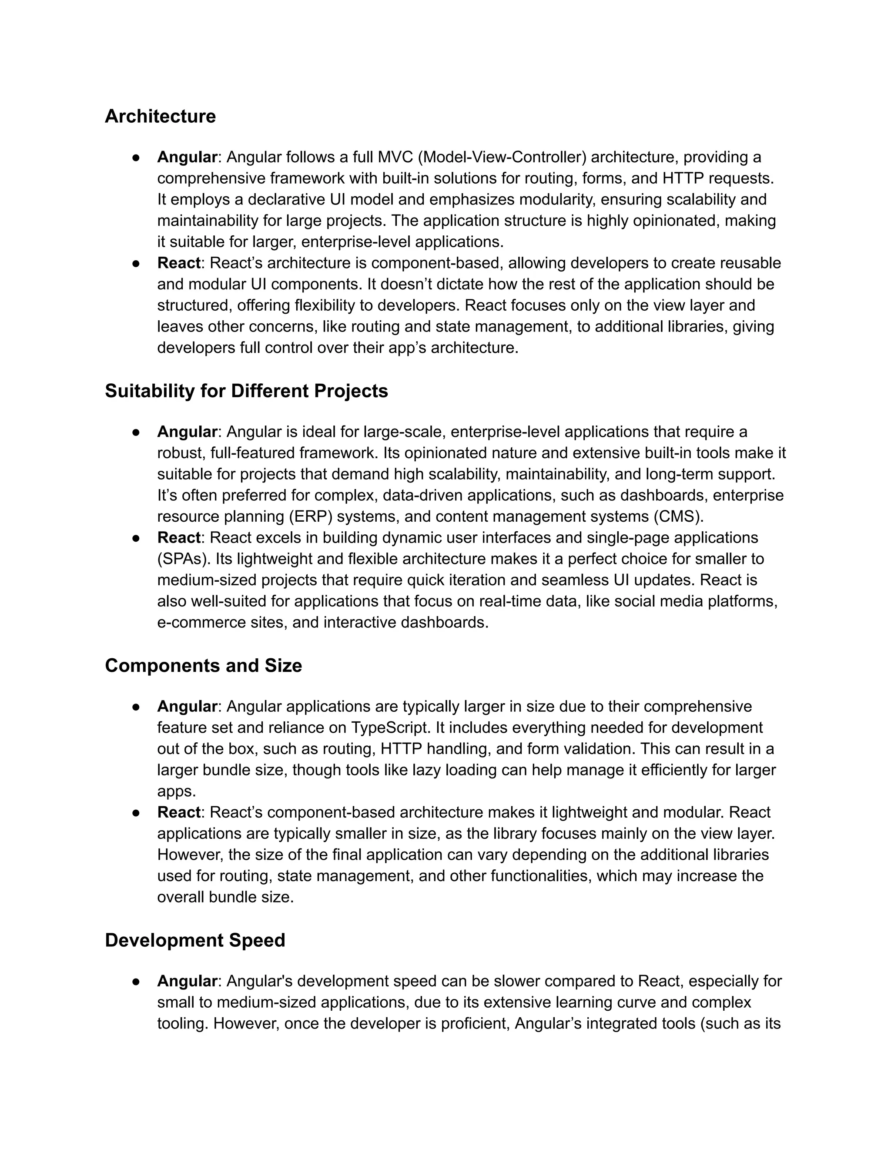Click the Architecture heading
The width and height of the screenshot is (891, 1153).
(160, 116)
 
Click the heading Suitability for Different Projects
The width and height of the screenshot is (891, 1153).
(246, 391)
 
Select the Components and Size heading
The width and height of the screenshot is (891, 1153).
(203, 665)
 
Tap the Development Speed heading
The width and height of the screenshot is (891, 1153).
(195, 940)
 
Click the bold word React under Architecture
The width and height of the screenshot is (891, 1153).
(178, 263)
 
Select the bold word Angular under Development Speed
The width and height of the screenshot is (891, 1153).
(187, 981)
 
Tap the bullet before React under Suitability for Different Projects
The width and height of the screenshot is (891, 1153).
(136, 538)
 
